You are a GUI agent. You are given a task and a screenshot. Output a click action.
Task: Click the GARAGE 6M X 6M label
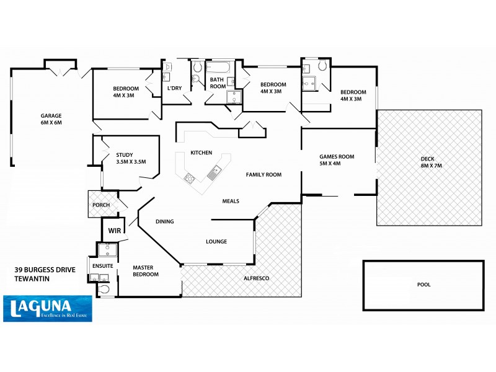click(51, 119)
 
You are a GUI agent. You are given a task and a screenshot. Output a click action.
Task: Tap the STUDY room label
click(130, 159)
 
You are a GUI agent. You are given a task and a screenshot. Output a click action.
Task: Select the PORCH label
click(100, 205)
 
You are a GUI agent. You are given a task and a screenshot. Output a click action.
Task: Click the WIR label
click(114, 230)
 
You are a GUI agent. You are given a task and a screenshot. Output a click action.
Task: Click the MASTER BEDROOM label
click(148, 272)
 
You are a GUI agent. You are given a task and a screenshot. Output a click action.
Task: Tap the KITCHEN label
click(201, 153)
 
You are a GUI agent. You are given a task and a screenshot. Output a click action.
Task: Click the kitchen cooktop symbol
click(190, 179)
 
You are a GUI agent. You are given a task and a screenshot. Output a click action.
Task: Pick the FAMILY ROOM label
click(263, 175)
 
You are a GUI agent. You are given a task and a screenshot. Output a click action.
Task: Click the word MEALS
click(231, 201)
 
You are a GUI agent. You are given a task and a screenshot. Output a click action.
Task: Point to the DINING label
click(164, 221)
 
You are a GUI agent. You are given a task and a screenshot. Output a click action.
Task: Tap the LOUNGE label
click(216, 241)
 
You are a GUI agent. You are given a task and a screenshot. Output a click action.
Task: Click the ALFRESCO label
click(255, 280)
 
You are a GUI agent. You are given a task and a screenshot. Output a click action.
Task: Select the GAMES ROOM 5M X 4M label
click(337, 161)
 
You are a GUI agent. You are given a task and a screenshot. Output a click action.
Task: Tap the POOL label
click(423, 285)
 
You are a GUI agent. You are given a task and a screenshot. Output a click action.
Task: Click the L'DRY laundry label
click(174, 88)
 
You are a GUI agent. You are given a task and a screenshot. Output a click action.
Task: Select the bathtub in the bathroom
click(219, 68)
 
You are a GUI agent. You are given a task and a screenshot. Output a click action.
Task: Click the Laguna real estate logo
click(48, 308)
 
